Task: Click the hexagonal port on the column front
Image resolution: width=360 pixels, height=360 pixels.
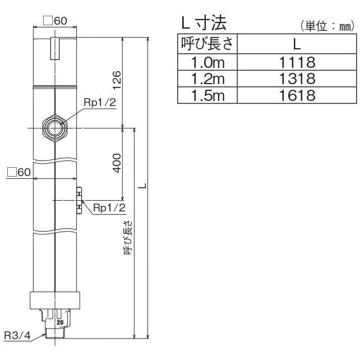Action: click(x=56, y=128)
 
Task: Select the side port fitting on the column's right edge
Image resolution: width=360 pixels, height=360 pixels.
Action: click(x=79, y=200)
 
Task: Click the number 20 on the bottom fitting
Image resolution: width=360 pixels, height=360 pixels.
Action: click(x=59, y=324)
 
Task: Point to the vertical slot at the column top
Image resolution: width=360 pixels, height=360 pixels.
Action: click(x=55, y=48)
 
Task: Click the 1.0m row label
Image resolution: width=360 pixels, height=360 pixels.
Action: click(x=207, y=60)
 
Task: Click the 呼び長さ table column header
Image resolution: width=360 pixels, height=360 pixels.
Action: click(x=207, y=43)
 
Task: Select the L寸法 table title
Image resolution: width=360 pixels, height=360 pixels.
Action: click(x=202, y=24)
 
